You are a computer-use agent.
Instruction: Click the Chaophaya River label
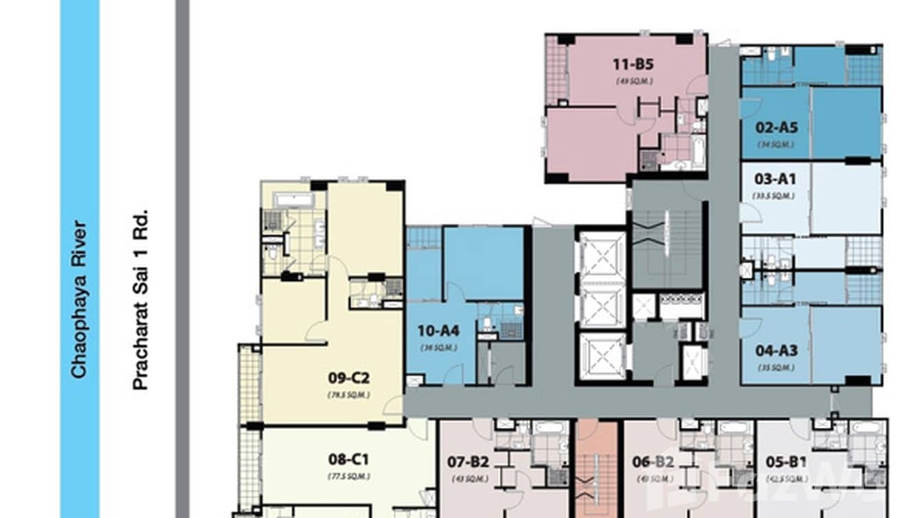[x=79, y=299]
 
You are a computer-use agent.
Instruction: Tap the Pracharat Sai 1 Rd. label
[x=140, y=299]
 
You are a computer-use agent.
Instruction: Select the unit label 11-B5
[x=632, y=65]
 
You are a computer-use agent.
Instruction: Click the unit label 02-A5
[x=776, y=127]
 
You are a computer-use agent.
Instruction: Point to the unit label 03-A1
[x=775, y=179]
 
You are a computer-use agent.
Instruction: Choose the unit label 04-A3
[x=776, y=350]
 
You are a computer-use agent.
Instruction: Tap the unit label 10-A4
[x=438, y=330]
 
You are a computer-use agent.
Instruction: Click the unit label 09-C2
[x=348, y=378]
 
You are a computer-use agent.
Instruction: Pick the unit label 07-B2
[x=468, y=462]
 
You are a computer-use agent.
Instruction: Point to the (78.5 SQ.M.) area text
[x=348, y=394]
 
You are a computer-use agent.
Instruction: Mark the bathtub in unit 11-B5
[x=698, y=151]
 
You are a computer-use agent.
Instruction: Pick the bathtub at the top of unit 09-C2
[x=293, y=200]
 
